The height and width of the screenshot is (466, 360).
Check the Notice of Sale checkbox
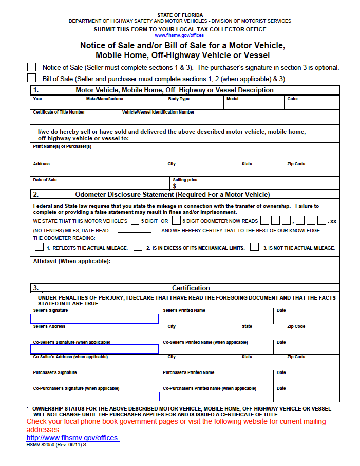coord(32,67)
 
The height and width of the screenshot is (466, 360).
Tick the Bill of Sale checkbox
coord(32,78)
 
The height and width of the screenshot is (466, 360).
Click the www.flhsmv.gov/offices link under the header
coord(179,35)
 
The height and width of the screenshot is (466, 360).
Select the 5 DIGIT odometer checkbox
coord(135,221)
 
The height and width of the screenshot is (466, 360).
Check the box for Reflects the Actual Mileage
coord(40,247)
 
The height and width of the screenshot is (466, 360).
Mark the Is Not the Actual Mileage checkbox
coord(255,247)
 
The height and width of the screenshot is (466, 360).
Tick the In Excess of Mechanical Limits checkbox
coord(138,247)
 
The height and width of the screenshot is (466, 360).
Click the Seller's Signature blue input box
coord(95,319)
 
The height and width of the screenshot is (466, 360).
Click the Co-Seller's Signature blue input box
coord(95,349)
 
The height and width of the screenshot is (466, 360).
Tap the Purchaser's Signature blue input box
coord(95,381)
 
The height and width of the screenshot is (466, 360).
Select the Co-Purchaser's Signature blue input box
coord(95,396)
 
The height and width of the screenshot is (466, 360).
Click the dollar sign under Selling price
coord(175,186)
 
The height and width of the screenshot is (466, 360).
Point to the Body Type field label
coord(179,99)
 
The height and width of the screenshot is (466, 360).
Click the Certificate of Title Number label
coord(59,112)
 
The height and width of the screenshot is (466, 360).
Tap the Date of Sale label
coord(45,180)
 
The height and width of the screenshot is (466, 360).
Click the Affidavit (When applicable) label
coord(72,261)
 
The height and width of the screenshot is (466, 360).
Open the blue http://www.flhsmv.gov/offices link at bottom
coord(72,438)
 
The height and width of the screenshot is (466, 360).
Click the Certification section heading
coord(191,288)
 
